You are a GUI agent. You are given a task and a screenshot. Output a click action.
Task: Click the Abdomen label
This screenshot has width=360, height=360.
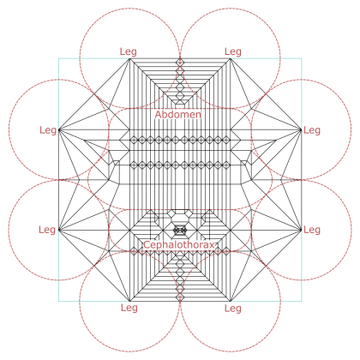[178, 115]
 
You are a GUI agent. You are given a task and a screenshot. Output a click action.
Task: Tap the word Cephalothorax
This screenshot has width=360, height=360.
[179, 245]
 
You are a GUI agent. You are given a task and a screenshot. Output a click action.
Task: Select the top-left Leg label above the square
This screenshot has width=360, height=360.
[129, 51]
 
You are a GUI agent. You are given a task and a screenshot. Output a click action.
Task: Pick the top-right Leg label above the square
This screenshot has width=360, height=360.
[233, 51]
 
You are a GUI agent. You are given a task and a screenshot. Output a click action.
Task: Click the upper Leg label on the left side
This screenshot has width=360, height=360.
[48, 130]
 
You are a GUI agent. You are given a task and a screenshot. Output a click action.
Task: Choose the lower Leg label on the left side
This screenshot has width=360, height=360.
[47, 230]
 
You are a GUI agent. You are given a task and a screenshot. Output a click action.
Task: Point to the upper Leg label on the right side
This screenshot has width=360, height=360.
[312, 130]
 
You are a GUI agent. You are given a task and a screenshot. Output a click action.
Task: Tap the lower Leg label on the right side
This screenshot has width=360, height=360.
[312, 230]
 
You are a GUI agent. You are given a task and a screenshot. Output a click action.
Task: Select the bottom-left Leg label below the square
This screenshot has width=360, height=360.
[129, 308]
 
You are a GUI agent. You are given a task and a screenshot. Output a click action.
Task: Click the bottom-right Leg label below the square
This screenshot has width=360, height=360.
[233, 309]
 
